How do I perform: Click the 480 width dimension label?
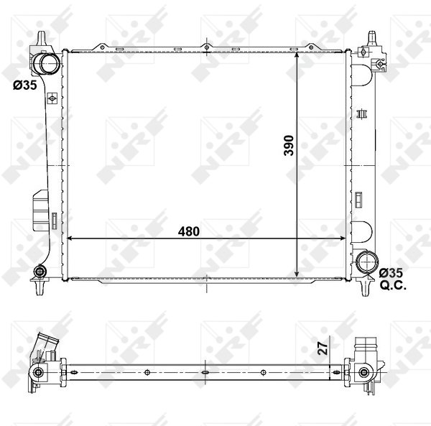coord(188,231)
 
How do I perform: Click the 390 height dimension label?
coord(289,145)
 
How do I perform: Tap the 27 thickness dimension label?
coord(323,348)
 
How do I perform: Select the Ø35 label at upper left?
coord(24,85)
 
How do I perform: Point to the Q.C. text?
coord(393,285)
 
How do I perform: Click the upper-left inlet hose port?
coord(46,63)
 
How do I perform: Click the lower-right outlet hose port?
coord(366,262)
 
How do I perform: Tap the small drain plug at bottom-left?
coord(40,272)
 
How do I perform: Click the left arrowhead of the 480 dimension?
coord(70,239)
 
